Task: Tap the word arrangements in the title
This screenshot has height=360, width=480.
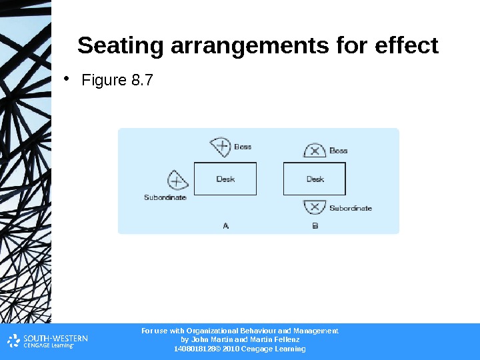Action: coord(248,46)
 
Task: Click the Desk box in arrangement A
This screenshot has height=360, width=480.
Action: coord(225,179)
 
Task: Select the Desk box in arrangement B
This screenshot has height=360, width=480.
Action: coord(315,179)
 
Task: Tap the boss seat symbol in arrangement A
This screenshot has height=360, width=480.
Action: coord(221,146)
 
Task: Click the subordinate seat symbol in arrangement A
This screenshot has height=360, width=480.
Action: coord(176,180)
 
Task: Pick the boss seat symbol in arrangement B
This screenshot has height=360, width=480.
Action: coord(315,151)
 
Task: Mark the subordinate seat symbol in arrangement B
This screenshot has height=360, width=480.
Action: coord(315,207)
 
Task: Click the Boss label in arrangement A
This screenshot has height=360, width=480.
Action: coord(243,147)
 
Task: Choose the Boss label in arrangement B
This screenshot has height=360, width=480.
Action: coord(339,151)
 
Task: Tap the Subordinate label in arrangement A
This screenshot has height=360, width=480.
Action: coord(165,197)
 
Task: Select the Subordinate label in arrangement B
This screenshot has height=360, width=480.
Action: coord(351,208)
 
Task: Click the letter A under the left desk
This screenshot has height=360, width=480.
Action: coord(225,226)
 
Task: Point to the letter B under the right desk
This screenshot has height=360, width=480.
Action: coord(315,226)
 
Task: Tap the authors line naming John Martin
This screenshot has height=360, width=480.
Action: coord(240,339)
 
